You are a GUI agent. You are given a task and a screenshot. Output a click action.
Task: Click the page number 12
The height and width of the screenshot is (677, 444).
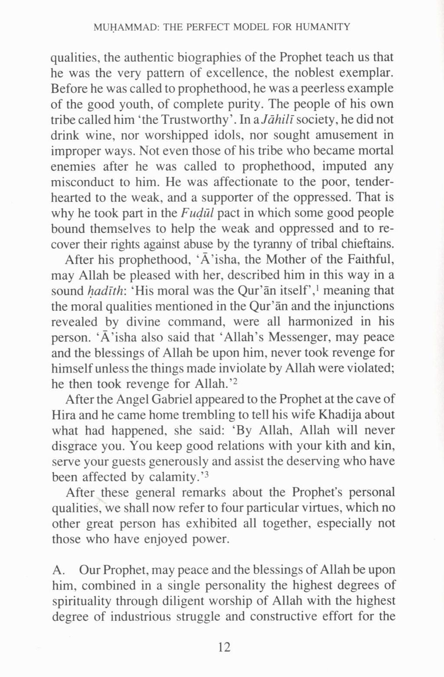[224, 647]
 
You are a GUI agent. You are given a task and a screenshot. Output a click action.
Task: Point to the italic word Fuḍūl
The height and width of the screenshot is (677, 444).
[197, 213]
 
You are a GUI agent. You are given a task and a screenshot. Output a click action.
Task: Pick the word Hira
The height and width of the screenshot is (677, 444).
[63, 415]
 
